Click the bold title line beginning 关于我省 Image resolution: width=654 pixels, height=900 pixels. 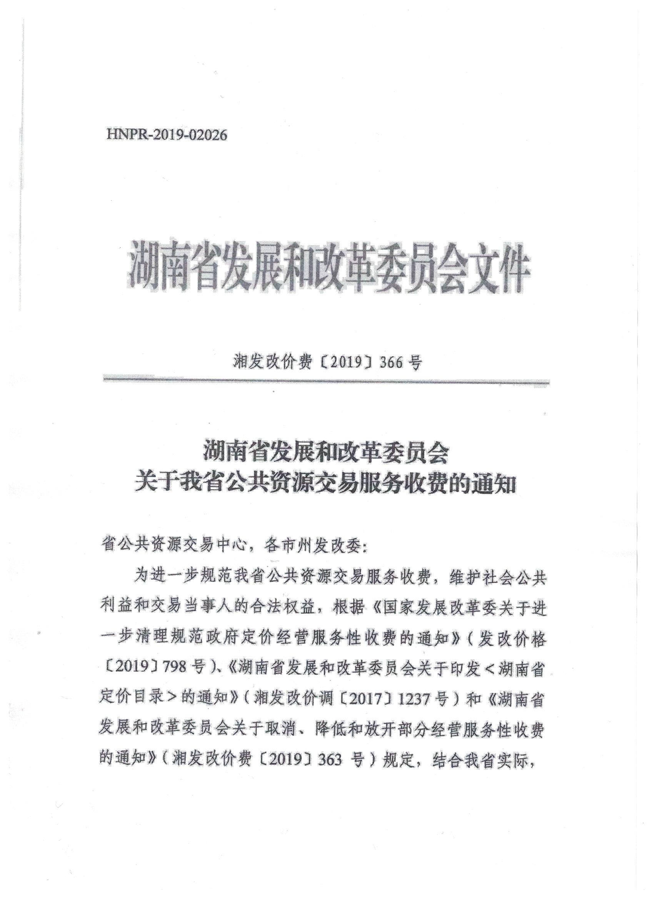[x=325, y=485]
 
